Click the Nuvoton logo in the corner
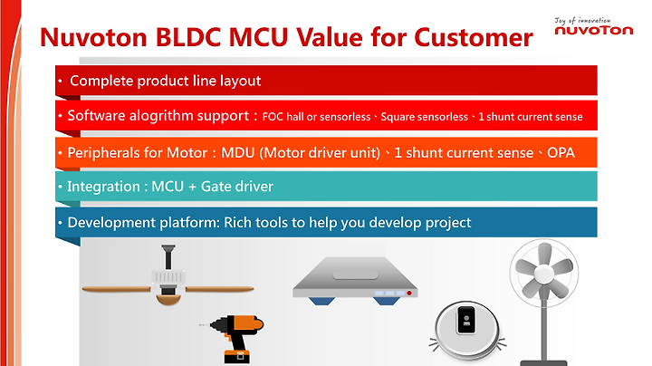pyautogui.click(x=594, y=26)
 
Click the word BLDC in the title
pyautogui.click(x=188, y=37)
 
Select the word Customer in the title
pyautogui.click(x=474, y=37)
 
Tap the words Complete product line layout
pyautogui.click(x=165, y=81)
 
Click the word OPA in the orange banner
pyautogui.click(x=561, y=152)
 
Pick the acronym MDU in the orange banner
pyautogui.click(x=238, y=152)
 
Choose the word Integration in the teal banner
pyautogui.click(x=103, y=187)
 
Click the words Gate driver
pyautogui.click(x=237, y=187)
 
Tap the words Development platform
pyautogui.click(x=143, y=223)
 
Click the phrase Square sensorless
pyautogui.click(x=424, y=117)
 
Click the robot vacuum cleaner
pyautogui.click(x=467, y=331)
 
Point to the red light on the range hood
pyautogui.click(x=409, y=294)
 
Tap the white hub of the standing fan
pyautogui.click(x=544, y=274)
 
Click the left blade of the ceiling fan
pyautogui.click(x=117, y=289)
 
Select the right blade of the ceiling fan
pyautogui.click(x=219, y=289)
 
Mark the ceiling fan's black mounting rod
pyautogui.click(x=168, y=256)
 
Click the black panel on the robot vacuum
pyautogui.click(x=466, y=321)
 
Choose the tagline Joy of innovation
pyautogui.click(x=582, y=20)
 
